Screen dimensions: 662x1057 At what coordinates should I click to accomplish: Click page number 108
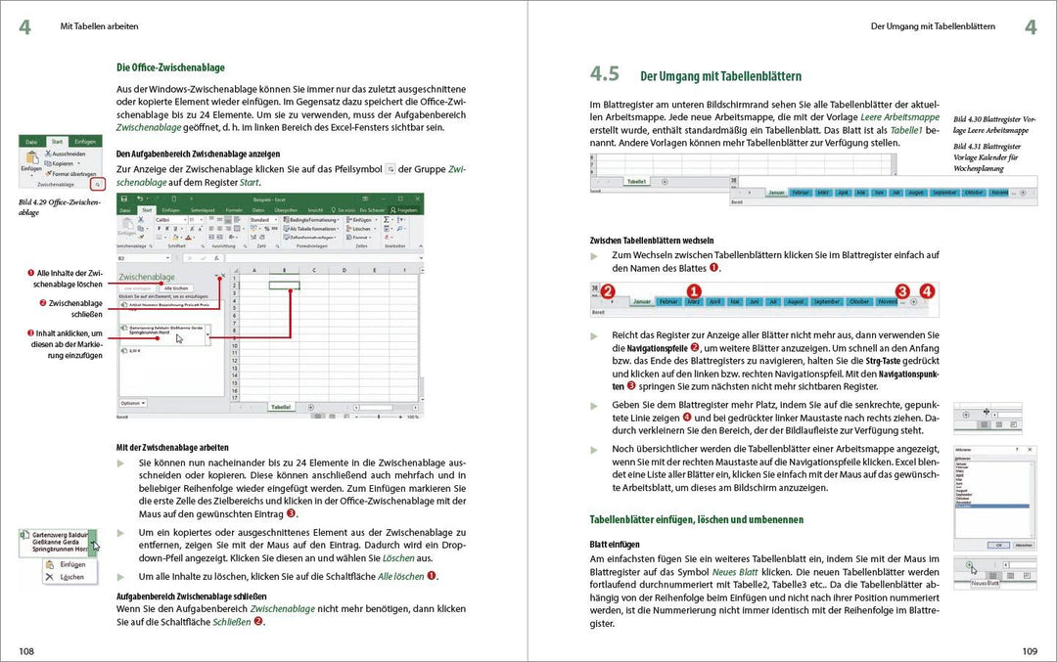[x=25, y=650]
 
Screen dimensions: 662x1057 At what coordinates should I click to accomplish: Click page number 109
[x=1030, y=650]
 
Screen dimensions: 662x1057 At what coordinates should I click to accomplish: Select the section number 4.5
[x=605, y=74]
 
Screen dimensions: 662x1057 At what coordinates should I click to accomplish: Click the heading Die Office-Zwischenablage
[x=170, y=67]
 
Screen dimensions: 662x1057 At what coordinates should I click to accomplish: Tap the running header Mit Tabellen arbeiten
[x=99, y=26]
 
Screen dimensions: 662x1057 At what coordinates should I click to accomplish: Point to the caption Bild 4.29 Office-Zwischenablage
[x=59, y=206]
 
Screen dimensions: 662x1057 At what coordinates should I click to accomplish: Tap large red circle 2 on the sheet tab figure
[x=608, y=291]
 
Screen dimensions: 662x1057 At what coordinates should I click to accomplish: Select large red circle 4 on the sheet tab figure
[x=927, y=291]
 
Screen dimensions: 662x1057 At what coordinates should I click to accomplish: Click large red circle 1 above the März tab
[x=694, y=291]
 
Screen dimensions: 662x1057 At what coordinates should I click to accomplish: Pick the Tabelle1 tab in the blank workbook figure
[x=637, y=181]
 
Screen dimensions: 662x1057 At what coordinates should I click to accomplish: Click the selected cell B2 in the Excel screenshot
[x=284, y=285]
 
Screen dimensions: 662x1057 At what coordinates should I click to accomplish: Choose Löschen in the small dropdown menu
[x=71, y=577]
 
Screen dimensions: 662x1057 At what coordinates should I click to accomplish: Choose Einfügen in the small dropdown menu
[x=71, y=564]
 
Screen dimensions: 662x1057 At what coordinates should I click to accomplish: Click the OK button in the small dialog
[x=998, y=545]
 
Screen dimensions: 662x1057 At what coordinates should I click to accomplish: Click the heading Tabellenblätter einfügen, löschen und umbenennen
[x=696, y=519]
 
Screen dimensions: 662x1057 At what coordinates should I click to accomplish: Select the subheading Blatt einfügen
[x=616, y=543]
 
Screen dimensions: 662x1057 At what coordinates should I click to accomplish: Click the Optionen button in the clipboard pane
[x=132, y=402]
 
